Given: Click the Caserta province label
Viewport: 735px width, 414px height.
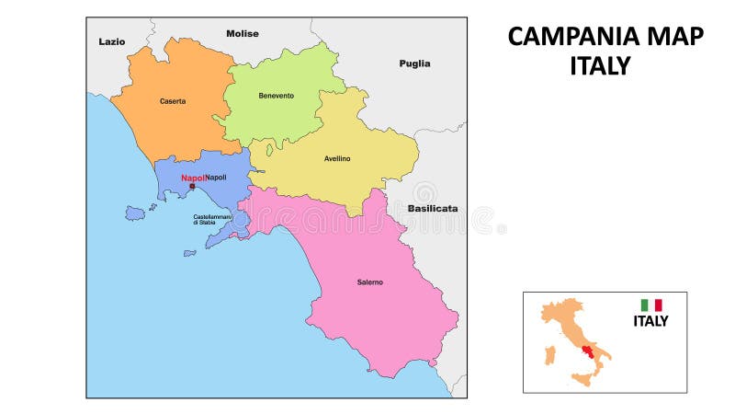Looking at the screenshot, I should [x=172, y=101].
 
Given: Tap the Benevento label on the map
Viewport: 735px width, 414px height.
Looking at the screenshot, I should [x=276, y=96].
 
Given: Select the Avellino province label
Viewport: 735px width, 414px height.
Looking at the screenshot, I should [x=337, y=158].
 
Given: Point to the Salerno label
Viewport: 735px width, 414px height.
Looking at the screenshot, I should [x=369, y=282].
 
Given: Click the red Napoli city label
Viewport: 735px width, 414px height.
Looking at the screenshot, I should [x=193, y=178].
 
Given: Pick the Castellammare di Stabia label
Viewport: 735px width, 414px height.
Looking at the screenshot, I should [x=210, y=220].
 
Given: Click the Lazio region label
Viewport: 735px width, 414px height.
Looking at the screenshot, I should [x=112, y=41].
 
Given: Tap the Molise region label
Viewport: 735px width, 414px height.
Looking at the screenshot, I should [x=243, y=34].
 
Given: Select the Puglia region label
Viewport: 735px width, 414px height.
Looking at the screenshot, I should [x=414, y=63].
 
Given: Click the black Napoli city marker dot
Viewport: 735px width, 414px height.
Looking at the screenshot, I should [x=191, y=187].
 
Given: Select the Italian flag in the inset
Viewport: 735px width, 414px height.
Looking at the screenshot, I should [x=651, y=305].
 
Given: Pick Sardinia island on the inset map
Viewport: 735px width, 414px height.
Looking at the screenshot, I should [x=550, y=354].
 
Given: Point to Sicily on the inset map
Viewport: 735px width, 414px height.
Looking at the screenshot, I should [x=582, y=378].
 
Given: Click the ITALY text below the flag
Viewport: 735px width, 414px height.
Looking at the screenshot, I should [x=650, y=321].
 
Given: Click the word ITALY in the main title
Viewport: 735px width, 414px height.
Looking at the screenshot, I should [x=600, y=65].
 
